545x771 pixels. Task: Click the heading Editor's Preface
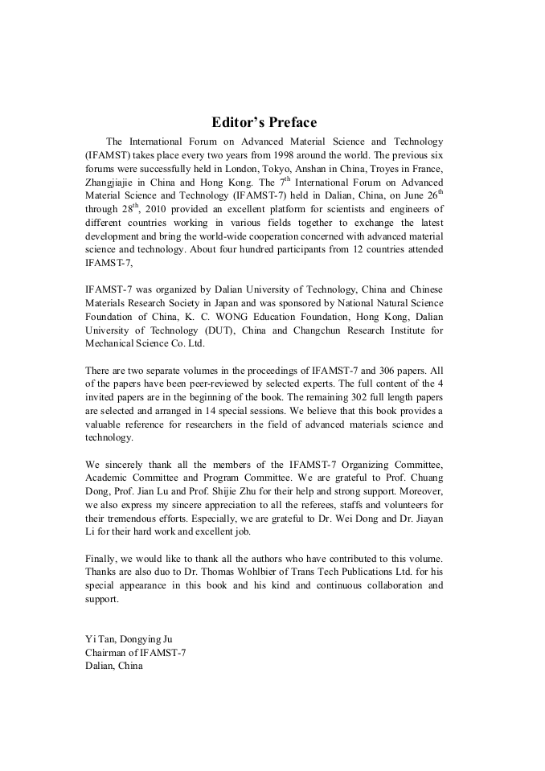(x=264, y=123)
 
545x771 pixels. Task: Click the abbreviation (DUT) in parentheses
(x=207, y=330)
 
